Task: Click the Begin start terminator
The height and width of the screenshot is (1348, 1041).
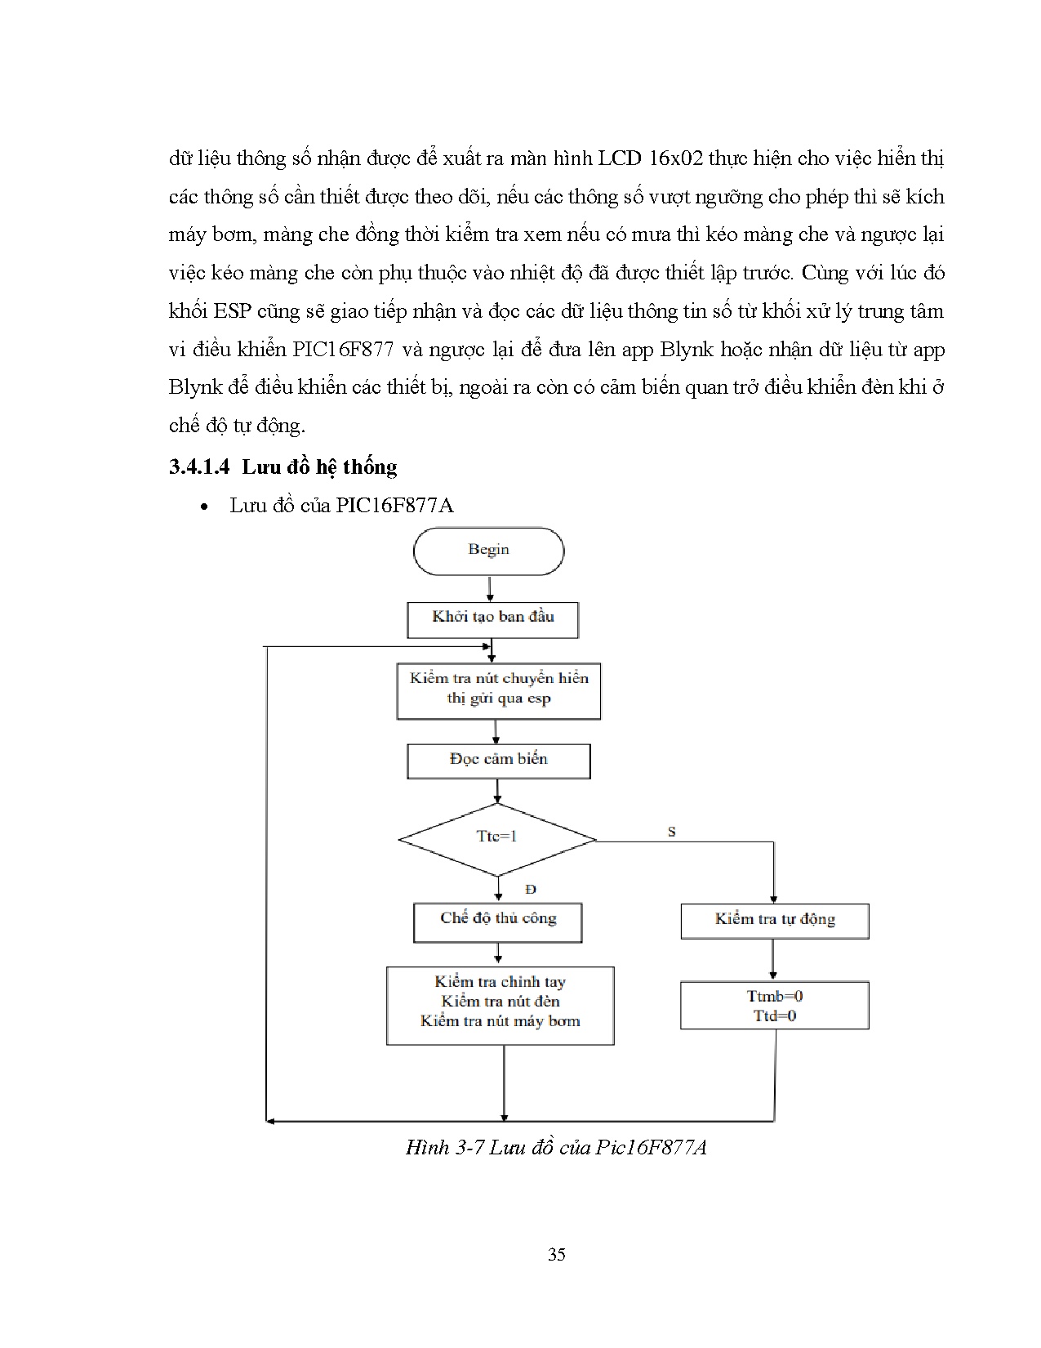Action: point(488,551)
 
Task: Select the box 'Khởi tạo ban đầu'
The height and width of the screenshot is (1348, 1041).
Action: point(492,618)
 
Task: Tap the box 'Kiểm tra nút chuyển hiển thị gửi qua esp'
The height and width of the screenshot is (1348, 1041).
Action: point(498,690)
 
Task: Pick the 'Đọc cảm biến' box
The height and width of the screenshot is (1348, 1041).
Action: point(498,760)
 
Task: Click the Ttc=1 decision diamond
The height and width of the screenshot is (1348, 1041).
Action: point(497,838)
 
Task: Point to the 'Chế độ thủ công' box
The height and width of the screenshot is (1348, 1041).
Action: point(497,921)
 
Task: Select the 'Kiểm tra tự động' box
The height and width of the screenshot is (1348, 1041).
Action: point(774,921)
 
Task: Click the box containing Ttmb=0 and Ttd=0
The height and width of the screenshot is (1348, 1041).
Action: point(774,1006)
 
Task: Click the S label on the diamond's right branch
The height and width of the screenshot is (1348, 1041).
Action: point(672,832)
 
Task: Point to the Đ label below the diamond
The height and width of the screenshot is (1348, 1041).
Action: point(531,889)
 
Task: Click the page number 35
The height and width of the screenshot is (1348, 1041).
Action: point(557,1254)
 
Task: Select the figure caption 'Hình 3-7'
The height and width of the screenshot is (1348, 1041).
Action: point(446,1148)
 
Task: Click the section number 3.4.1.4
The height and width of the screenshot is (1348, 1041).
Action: point(199,467)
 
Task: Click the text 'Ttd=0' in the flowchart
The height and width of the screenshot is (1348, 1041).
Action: point(774,1016)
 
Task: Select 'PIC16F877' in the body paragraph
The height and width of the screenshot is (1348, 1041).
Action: point(343,350)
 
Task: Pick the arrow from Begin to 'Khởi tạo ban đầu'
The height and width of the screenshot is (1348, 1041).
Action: point(489,589)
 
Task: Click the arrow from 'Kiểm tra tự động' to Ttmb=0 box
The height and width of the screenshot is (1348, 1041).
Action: point(773,961)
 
